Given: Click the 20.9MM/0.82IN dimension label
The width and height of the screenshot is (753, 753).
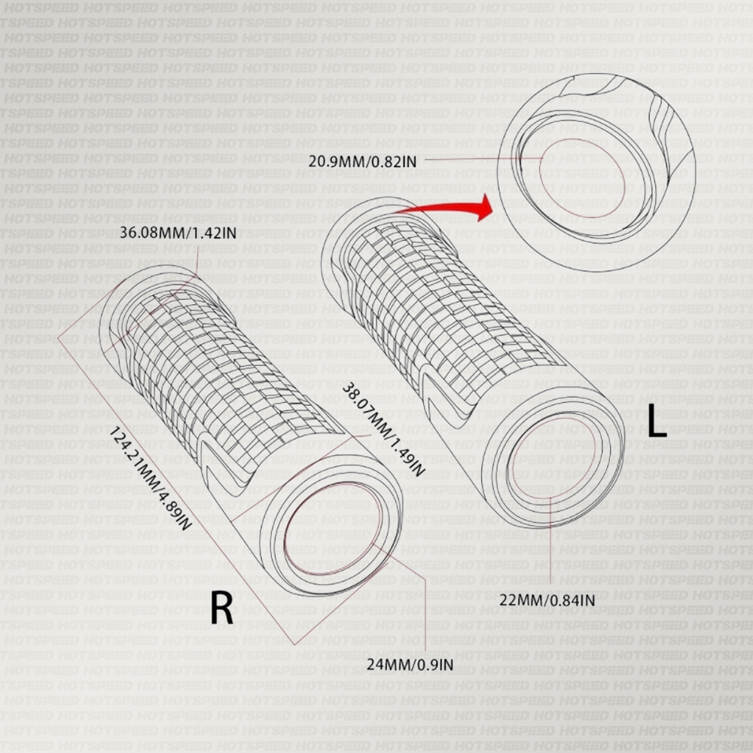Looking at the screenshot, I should click(363, 160).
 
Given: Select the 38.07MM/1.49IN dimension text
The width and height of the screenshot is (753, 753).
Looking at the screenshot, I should click(383, 430).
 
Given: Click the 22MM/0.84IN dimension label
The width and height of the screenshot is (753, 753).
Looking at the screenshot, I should click(547, 600).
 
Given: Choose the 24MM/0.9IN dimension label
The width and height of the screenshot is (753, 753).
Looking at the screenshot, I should click(410, 663).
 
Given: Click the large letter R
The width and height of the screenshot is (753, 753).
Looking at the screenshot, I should click(221, 608).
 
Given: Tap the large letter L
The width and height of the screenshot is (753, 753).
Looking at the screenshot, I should click(657, 422).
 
